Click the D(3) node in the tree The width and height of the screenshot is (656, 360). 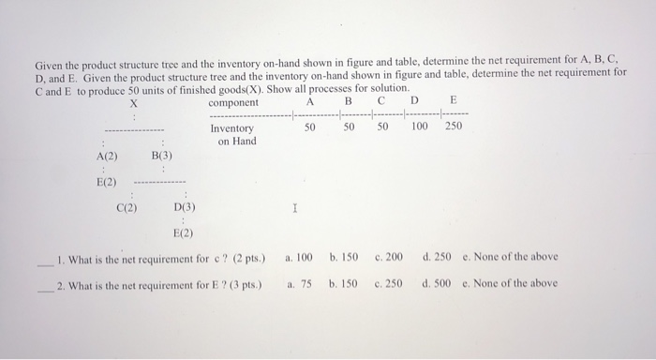click(x=185, y=208)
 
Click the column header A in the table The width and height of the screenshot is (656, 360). click(x=310, y=102)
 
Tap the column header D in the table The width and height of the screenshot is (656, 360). click(x=413, y=102)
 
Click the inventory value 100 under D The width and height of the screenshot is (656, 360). click(x=419, y=126)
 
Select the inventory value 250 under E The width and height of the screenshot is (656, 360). click(x=454, y=126)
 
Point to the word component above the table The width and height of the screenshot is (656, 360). click(x=233, y=102)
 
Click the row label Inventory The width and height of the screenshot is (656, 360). click(x=231, y=128)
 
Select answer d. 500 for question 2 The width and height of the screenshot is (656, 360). click(x=437, y=282)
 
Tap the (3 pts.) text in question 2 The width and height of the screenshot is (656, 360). click(x=243, y=283)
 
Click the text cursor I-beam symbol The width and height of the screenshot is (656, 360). click(x=295, y=212)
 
